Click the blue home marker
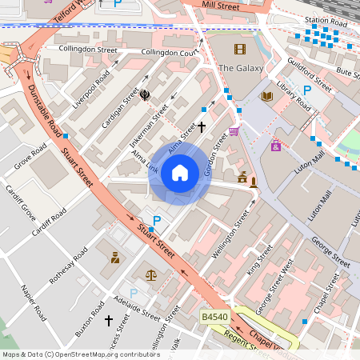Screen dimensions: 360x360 [180, 173]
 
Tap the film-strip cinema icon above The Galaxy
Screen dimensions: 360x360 [239, 49]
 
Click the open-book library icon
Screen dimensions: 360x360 [266, 97]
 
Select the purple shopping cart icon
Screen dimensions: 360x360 [234, 131]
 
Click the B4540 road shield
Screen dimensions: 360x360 [215, 318]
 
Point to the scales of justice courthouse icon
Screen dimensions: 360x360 [151, 274]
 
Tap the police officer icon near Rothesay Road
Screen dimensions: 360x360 [116, 257]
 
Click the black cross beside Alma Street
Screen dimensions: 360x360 [202, 126]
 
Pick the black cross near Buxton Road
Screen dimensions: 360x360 [109, 320]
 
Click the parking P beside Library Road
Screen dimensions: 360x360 [306, 90]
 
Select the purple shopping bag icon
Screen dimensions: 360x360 [276, 146]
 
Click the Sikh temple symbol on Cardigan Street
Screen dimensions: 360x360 [146, 95]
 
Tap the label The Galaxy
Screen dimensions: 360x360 [241, 68]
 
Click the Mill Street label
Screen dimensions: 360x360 [221, 6]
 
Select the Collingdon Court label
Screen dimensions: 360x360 [170, 53]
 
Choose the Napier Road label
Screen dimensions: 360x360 [35, 302]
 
